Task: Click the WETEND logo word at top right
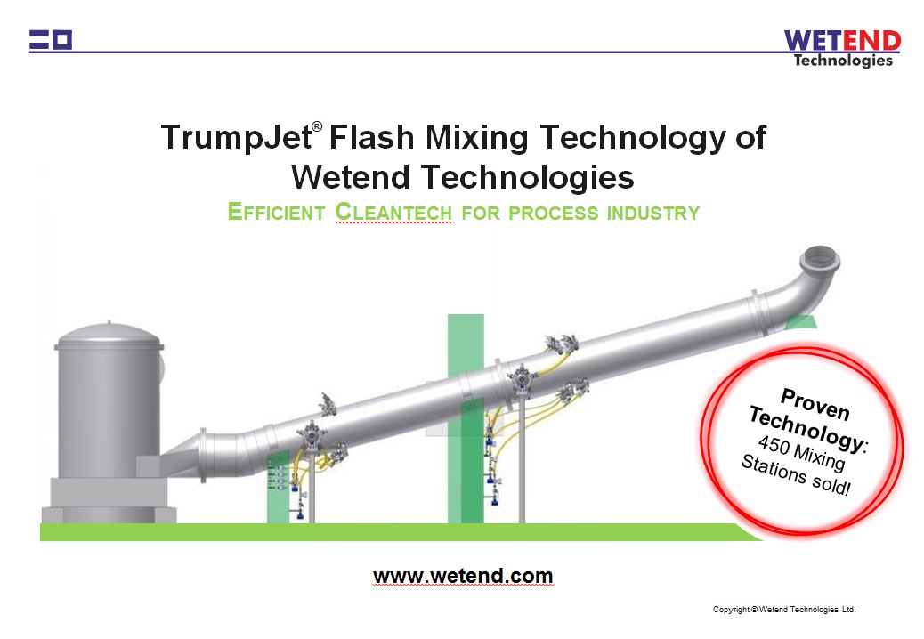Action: [x=842, y=41]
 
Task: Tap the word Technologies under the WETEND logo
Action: [x=842, y=61]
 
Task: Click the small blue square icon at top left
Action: [x=61, y=39]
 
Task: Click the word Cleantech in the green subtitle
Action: [x=393, y=213]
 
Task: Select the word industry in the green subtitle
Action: [x=652, y=213]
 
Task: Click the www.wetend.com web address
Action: [x=463, y=576]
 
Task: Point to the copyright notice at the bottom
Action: [x=783, y=610]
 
